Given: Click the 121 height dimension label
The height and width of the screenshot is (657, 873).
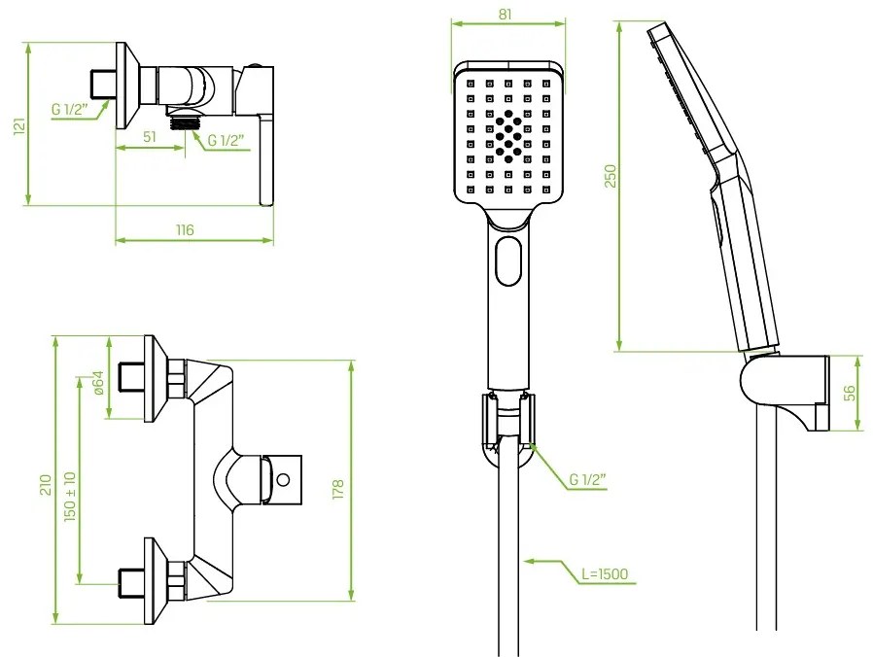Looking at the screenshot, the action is [19, 124].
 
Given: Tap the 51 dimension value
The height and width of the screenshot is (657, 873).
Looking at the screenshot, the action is [150, 137].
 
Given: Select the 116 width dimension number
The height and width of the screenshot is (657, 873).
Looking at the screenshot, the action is [185, 229].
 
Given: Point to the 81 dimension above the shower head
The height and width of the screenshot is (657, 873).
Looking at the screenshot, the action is [505, 14].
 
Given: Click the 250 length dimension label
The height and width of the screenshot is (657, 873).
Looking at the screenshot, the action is [611, 176].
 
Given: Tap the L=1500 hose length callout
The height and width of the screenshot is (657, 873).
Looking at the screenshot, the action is [605, 573].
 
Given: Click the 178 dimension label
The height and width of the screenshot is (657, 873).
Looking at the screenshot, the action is [338, 489].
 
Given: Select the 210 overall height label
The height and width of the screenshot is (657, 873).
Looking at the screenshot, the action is [46, 484].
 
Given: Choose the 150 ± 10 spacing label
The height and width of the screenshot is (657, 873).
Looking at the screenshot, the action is [71, 497].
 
